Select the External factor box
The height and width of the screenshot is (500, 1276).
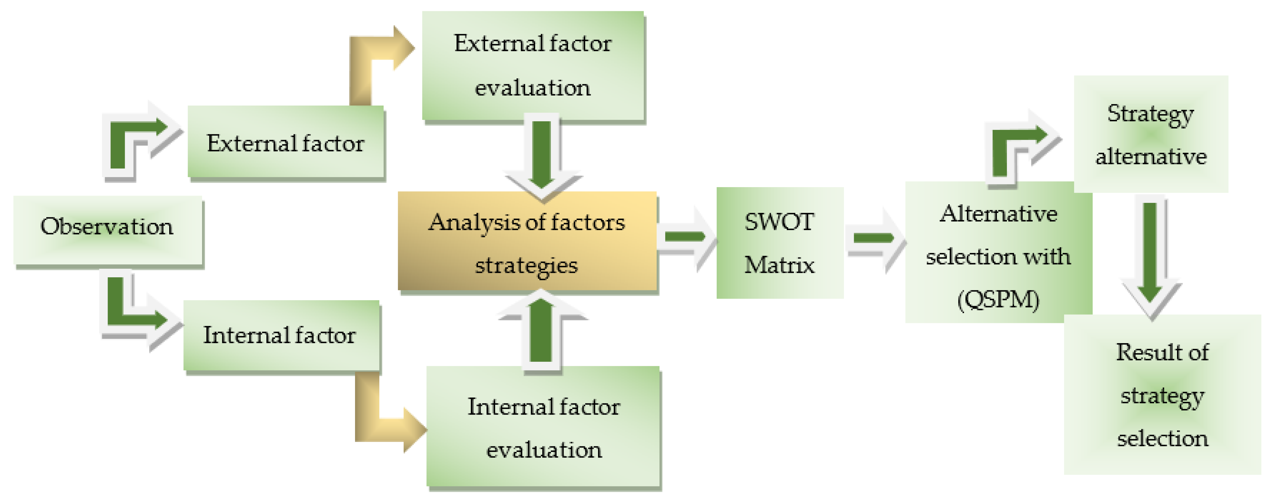click(285, 142)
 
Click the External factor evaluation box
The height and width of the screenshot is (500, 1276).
click(533, 66)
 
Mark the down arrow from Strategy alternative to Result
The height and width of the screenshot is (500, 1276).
click(1150, 253)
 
